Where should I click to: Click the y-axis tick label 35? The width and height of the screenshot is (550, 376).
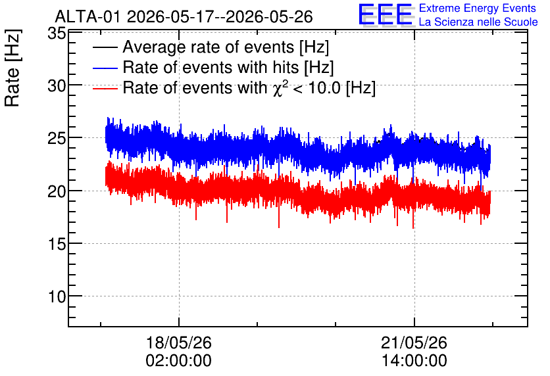click(x=57, y=34)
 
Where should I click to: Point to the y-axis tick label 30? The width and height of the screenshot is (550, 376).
click(x=57, y=85)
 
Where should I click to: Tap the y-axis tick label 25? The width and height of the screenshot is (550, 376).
click(x=57, y=139)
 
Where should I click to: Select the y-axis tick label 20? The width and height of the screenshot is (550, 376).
click(x=57, y=191)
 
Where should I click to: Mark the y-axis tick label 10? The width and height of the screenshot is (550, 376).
click(x=57, y=297)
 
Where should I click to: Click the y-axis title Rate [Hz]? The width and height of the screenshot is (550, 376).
click(x=12, y=68)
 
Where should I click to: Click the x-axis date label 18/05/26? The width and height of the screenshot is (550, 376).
click(x=179, y=342)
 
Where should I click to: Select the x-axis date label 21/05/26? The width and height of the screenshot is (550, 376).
click(x=414, y=342)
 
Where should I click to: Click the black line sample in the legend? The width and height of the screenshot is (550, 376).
click(x=105, y=47)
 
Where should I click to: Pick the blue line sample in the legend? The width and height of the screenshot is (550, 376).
click(x=105, y=68)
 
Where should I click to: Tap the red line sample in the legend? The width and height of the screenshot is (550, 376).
click(x=105, y=88)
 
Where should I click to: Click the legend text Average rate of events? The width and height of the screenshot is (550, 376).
click(x=209, y=47)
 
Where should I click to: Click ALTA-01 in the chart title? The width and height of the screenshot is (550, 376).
click(x=88, y=16)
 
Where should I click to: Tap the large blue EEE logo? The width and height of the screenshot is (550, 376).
click(x=386, y=14)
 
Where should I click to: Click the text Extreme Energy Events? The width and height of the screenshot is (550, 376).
click(x=478, y=8)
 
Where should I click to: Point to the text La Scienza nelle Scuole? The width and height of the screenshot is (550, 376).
click(x=478, y=22)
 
